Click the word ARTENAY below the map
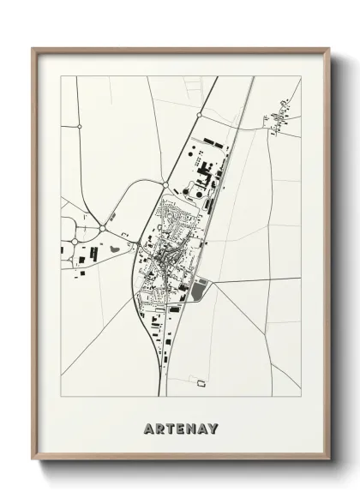[x=181, y=428]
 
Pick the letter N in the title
[x=190, y=428]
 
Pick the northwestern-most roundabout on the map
[x=79, y=126]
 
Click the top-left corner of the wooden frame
[x=33, y=48]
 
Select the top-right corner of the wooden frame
[x=328, y=48]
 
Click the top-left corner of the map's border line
[x=61, y=76]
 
